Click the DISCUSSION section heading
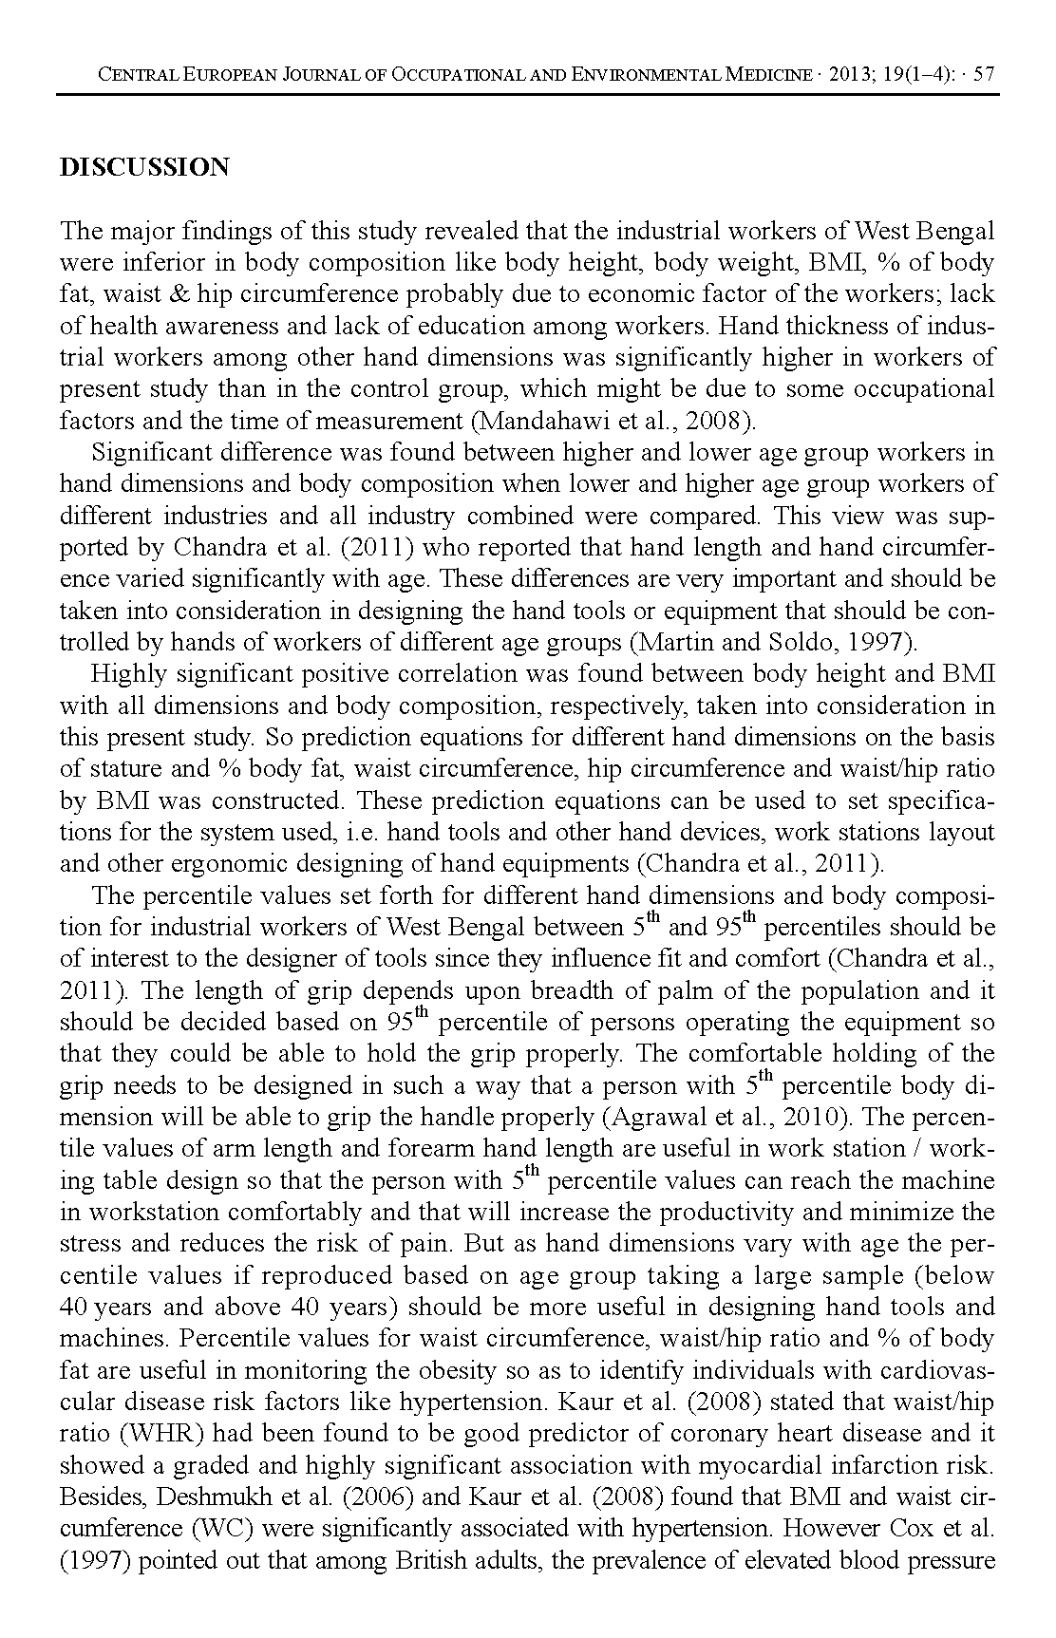click(144, 168)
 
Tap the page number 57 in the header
click(985, 74)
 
